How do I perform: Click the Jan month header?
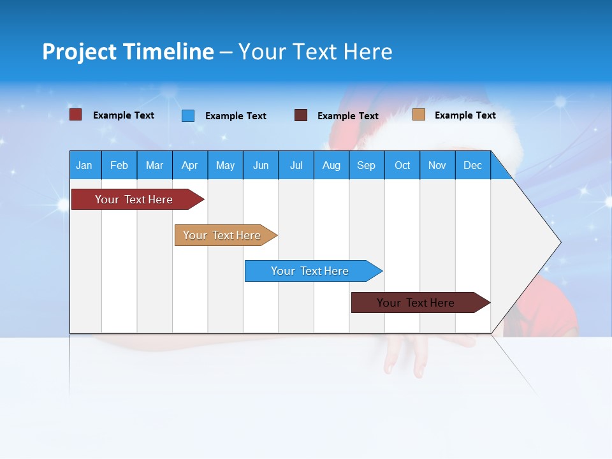pyautogui.click(x=84, y=165)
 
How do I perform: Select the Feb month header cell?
pyautogui.click(x=119, y=165)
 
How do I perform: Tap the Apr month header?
pyautogui.click(x=189, y=165)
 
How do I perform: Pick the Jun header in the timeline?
pyautogui.click(x=261, y=165)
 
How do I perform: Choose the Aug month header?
pyautogui.click(x=331, y=165)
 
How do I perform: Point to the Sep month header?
pyautogui.click(x=366, y=165)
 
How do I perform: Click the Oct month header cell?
pyautogui.click(x=402, y=165)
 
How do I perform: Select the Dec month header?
pyautogui.click(x=472, y=165)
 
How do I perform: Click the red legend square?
pyautogui.click(x=76, y=115)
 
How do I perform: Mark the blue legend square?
pyautogui.click(x=188, y=115)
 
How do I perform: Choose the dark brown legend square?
pyautogui.click(x=301, y=115)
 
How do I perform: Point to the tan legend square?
pyautogui.click(x=419, y=115)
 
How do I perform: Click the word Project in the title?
pyautogui.click(x=80, y=52)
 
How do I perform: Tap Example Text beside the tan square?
pyautogui.click(x=465, y=115)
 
